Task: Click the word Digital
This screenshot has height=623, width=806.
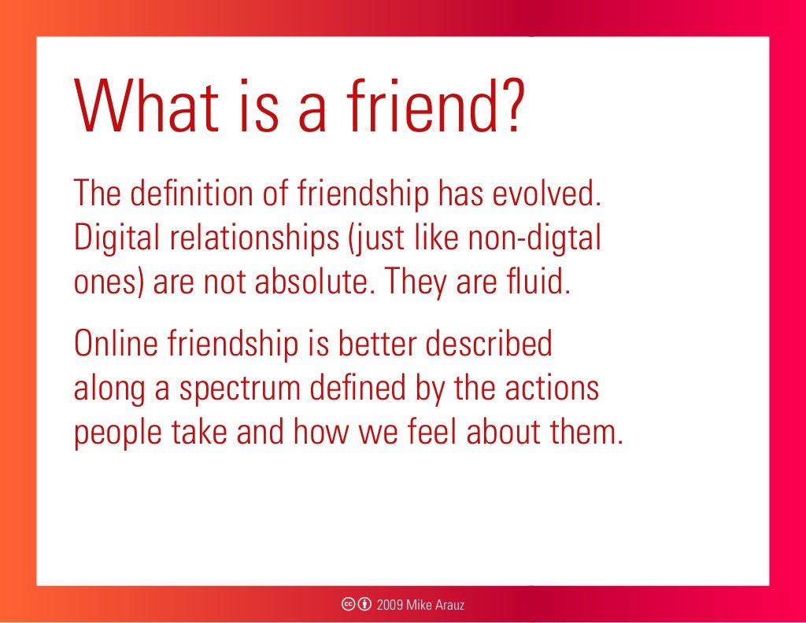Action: [106, 239]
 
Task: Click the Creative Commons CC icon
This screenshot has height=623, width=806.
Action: [348, 605]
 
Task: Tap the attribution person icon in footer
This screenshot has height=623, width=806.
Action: [364, 605]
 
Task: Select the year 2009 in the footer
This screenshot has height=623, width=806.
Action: [391, 605]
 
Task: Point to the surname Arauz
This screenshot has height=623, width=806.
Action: [452, 605]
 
